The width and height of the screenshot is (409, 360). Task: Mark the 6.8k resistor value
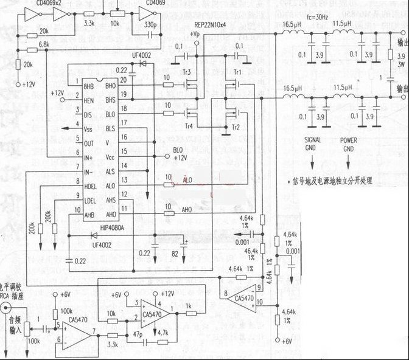43,44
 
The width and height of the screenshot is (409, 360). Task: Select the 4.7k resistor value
163,334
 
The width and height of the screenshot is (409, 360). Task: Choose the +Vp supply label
195,35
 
